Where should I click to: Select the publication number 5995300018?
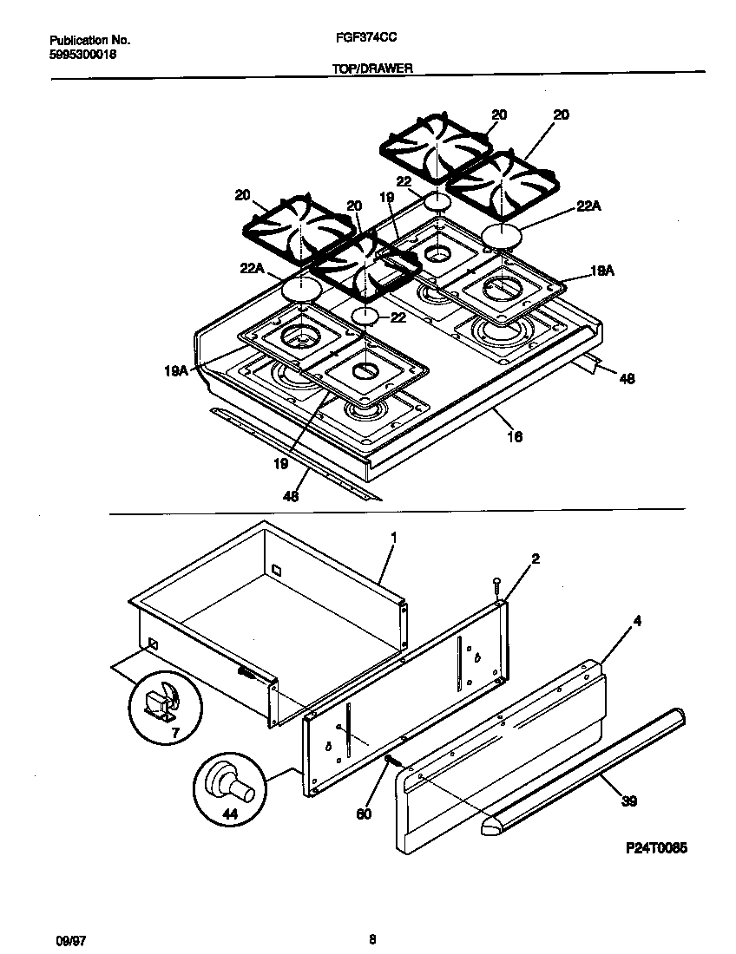(x=83, y=54)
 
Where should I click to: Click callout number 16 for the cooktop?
(x=514, y=437)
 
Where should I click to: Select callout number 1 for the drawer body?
(x=393, y=538)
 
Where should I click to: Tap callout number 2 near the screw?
(x=536, y=559)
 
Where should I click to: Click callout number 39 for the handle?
(x=629, y=800)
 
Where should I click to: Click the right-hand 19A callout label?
(x=601, y=271)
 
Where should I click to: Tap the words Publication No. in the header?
(x=89, y=40)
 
